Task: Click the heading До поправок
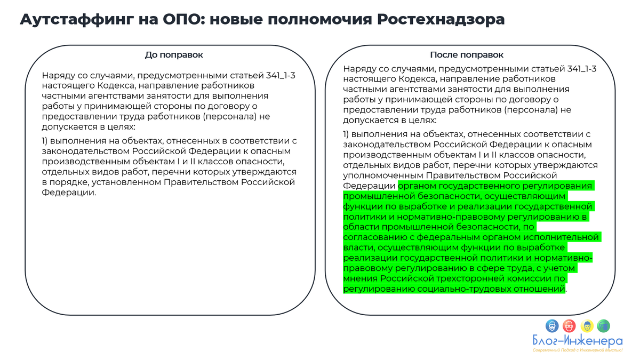[174, 55]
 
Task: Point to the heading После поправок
[467, 55]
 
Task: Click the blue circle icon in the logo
[552, 325]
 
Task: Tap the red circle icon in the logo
[569, 325]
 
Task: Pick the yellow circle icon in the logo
[587, 325]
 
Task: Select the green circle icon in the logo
[604, 325]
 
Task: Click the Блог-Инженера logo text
[578, 341]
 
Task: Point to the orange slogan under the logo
[578, 350]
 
